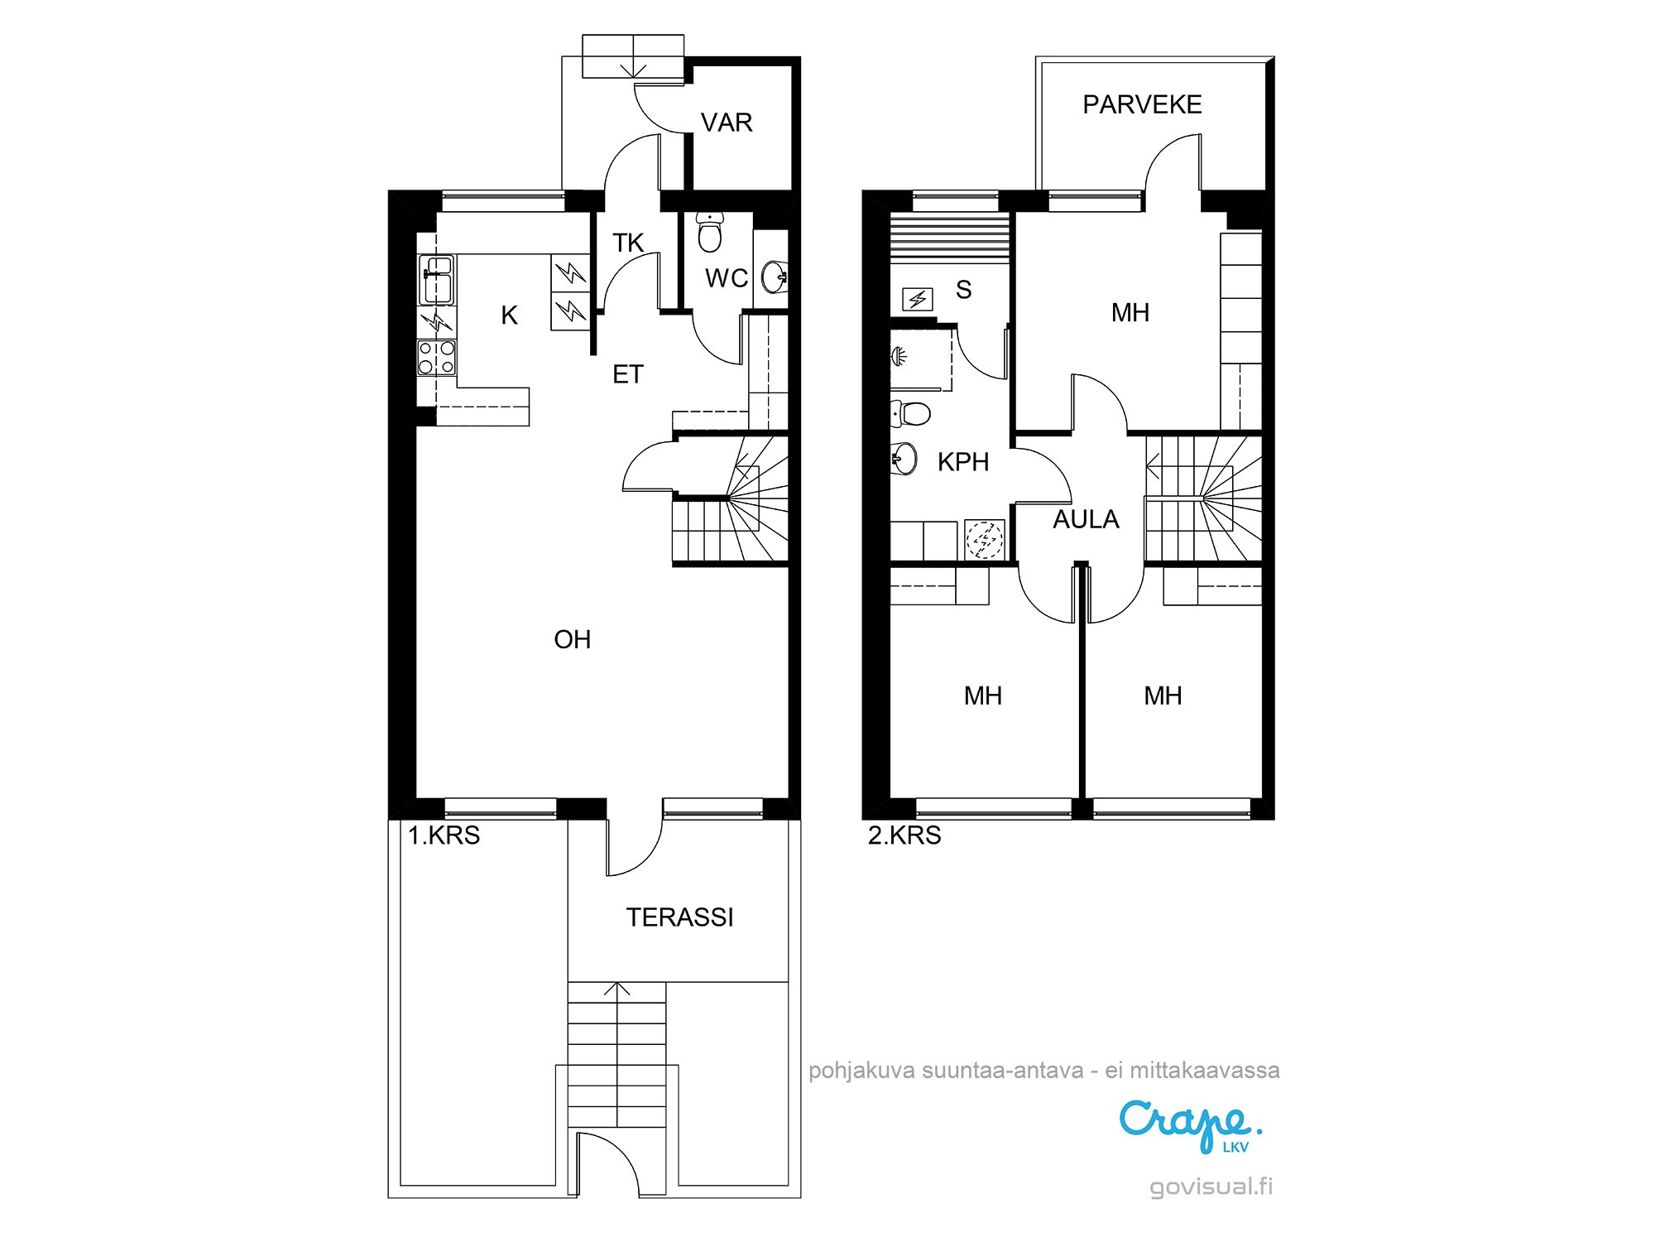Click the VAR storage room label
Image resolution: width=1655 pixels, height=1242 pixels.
(x=727, y=123)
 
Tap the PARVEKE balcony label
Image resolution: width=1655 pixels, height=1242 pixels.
(x=1142, y=104)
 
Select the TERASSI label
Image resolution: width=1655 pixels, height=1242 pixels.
(x=679, y=917)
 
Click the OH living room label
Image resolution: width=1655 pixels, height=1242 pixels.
(x=572, y=639)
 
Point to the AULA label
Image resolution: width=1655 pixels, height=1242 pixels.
(x=1086, y=519)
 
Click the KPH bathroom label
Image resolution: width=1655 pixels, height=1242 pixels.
(x=963, y=462)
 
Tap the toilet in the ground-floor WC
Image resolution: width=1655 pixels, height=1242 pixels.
(x=710, y=232)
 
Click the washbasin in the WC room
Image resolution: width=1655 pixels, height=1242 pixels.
(x=775, y=276)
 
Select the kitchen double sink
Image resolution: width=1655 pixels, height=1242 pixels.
(x=437, y=279)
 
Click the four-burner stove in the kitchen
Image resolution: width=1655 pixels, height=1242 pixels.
(x=436, y=357)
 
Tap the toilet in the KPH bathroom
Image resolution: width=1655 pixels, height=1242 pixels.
(x=910, y=412)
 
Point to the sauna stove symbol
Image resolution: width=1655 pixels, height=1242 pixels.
(x=918, y=299)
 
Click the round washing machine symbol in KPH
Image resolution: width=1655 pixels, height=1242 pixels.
(x=985, y=540)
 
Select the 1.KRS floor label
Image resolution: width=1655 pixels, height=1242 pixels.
(x=444, y=835)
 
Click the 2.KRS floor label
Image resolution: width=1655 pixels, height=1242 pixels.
(x=904, y=835)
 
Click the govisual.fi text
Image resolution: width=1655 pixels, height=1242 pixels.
(x=1211, y=1187)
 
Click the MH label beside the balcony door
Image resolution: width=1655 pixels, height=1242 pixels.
(x=1130, y=312)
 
